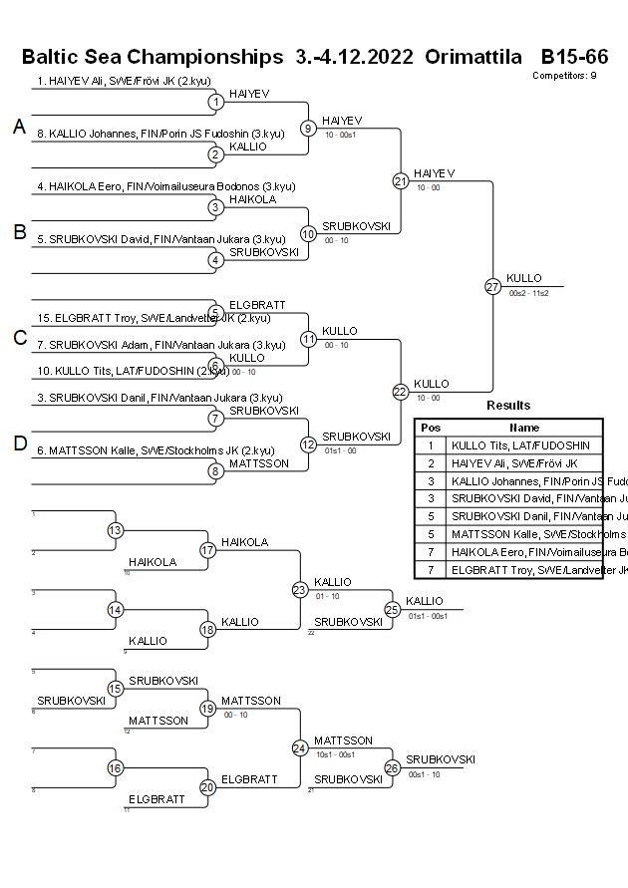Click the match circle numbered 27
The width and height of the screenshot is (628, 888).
(x=492, y=287)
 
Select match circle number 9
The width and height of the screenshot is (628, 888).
(x=308, y=128)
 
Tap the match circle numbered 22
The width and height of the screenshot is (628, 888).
(x=401, y=392)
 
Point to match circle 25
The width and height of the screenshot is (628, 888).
(x=393, y=609)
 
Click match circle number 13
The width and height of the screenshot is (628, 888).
(x=116, y=530)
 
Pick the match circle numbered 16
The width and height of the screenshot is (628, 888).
(x=116, y=767)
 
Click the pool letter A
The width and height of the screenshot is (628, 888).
(x=19, y=127)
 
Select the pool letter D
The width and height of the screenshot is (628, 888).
(x=19, y=444)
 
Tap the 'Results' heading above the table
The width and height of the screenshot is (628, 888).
(x=508, y=406)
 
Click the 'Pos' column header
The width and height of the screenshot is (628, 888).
(x=431, y=428)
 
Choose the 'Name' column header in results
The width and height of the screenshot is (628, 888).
(x=524, y=428)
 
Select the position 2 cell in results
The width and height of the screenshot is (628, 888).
(x=431, y=463)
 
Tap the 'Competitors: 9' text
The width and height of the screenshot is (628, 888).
(x=564, y=76)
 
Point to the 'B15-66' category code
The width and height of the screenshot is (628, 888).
(x=574, y=57)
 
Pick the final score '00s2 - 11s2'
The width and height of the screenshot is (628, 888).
(x=528, y=293)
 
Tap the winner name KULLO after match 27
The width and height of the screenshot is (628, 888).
(x=524, y=278)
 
